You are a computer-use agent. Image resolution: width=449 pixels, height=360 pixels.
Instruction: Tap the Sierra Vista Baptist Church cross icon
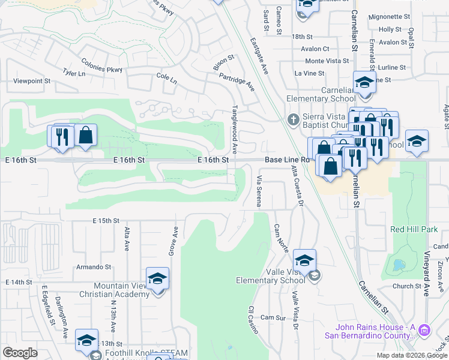294,119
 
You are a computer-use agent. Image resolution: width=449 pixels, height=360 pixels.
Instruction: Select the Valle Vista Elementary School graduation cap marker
304,260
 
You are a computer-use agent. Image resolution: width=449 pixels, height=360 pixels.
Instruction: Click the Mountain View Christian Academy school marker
157,279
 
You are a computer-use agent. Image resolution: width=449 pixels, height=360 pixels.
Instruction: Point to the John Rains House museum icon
424,329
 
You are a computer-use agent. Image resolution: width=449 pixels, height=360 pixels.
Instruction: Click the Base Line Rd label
287,160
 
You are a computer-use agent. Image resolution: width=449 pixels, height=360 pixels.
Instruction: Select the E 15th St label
106,221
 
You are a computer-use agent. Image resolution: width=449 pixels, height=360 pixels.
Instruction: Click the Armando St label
93,267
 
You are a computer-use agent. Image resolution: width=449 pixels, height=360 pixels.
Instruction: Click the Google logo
20,353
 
